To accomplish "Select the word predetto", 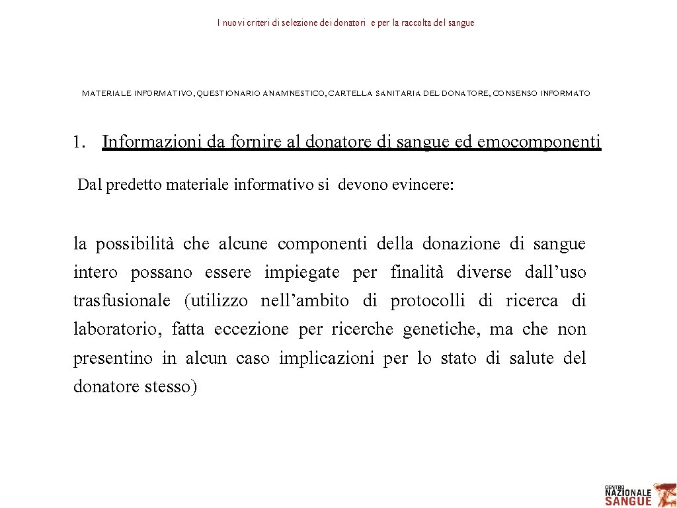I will coord(128,185).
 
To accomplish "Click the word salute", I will coord(532,358).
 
